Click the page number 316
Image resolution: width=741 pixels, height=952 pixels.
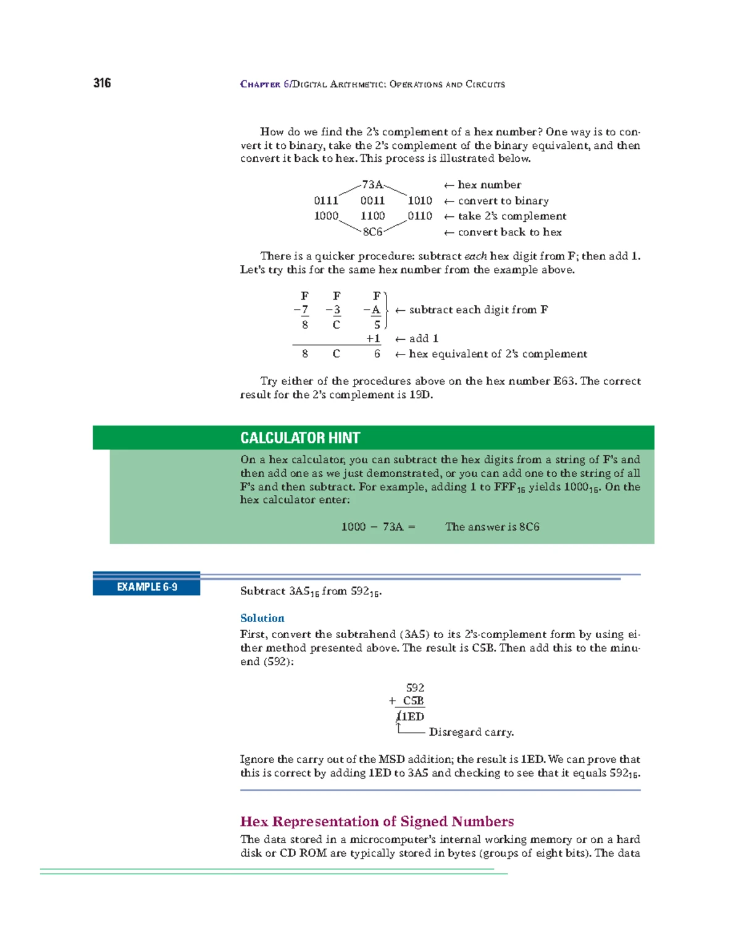[102, 83]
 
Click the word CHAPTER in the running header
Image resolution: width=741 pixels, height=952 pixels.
[260, 85]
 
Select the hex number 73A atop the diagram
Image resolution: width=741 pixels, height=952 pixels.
[372, 185]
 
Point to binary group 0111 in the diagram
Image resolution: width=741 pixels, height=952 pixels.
[326, 201]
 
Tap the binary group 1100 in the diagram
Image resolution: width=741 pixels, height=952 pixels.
[372, 216]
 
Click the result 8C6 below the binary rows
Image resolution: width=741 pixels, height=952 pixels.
[372, 232]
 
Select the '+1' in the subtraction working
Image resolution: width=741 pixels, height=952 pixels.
[373, 339]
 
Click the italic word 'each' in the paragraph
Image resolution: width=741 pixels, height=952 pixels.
[475, 256]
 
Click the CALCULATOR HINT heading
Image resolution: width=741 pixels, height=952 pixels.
[300, 438]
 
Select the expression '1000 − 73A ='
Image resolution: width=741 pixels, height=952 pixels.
[378, 527]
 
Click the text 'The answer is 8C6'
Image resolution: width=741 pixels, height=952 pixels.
[492, 527]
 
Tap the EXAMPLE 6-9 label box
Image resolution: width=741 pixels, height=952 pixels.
[147, 587]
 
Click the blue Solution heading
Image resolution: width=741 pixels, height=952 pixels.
[262, 618]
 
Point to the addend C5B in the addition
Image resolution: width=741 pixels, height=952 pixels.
[413, 701]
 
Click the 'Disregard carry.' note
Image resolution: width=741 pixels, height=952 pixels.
[471, 732]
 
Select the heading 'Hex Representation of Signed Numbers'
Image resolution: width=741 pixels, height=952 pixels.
[377, 822]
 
